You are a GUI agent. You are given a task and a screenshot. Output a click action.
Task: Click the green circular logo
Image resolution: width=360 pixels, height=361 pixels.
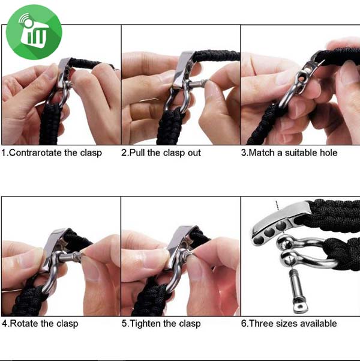click(34, 32)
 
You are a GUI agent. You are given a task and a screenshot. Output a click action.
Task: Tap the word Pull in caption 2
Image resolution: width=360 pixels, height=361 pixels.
click(137, 153)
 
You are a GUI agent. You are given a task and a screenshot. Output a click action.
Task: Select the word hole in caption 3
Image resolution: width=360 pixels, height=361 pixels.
click(328, 153)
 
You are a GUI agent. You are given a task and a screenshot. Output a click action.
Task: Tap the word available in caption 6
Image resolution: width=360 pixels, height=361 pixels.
click(320, 324)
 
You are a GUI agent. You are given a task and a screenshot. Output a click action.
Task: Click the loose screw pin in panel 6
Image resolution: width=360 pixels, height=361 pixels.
click(298, 291)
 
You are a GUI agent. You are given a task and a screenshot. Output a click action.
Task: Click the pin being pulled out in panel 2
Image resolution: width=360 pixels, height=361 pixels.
click(197, 83)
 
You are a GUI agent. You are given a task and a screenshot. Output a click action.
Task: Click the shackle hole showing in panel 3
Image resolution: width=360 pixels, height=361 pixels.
click(302, 78)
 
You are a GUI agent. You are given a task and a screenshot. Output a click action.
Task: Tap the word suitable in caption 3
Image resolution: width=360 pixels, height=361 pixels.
click(302, 153)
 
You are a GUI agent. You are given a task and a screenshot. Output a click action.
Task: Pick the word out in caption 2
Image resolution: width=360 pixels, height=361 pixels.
click(194, 153)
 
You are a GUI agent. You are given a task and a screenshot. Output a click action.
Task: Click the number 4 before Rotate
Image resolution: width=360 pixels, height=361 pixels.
click(5, 324)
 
